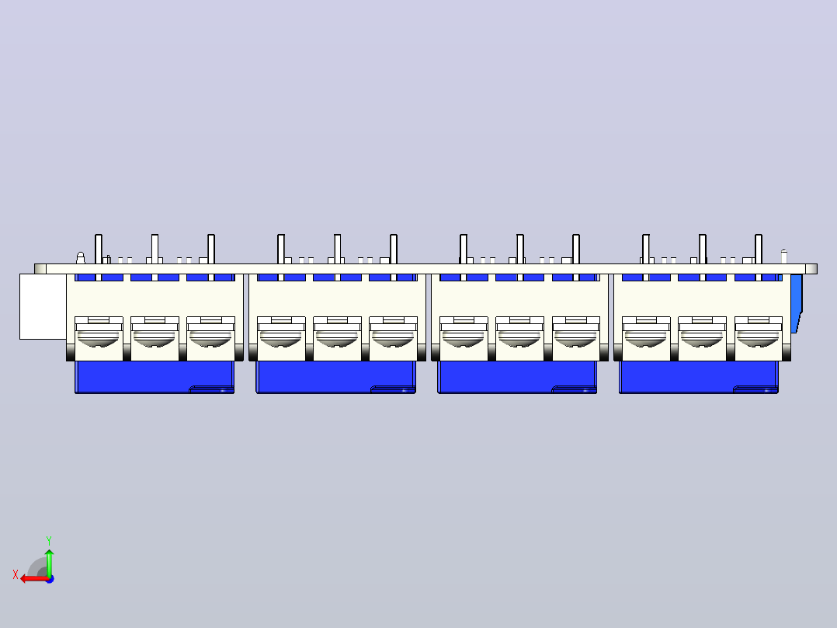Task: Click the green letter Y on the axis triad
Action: [x=49, y=540]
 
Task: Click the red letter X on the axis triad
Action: [x=16, y=575]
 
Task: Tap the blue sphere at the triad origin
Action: [x=50, y=579]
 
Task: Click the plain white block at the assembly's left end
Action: [x=43, y=306]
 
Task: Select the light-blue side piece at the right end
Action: [x=796, y=303]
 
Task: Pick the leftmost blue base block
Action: [x=155, y=377]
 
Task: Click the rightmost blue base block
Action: [x=699, y=377]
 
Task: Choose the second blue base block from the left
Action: [x=335, y=377]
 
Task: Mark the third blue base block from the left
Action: [x=517, y=377]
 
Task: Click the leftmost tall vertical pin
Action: [x=98, y=249]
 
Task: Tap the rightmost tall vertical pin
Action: [x=759, y=249]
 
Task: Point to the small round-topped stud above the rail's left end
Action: [x=81, y=257]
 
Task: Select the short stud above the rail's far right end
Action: [x=783, y=256]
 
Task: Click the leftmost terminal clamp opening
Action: [x=98, y=339]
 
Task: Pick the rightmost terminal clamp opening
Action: [x=758, y=339]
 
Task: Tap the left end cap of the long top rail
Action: [x=40, y=269]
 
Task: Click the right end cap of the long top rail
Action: [x=811, y=269]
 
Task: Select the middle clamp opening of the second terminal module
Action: [x=337, y=339]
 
